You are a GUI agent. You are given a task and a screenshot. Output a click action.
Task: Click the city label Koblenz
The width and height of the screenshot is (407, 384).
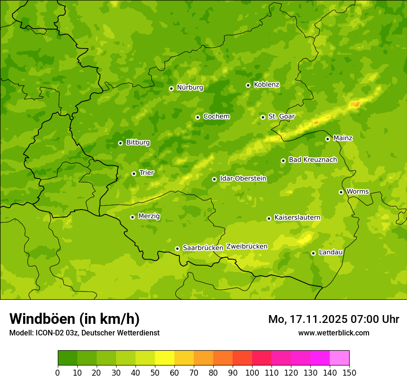coord(266,85)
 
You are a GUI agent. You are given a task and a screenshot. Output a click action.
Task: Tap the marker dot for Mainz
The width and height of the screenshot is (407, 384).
coord(327,139)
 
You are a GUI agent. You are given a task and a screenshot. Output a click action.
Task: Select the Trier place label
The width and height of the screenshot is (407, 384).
coord(146,173)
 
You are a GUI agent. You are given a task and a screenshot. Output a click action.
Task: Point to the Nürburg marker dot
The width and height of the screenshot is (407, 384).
coord(171,88)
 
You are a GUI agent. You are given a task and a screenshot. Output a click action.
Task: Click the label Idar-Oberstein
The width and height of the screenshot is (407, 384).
coord(243,179)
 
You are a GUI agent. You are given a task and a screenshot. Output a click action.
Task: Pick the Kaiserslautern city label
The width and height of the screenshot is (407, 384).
coord(297,217)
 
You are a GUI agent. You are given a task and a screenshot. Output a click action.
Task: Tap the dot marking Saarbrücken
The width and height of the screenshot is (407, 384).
coord(177,249)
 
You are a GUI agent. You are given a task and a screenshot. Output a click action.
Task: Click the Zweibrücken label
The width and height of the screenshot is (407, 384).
coord(247,247)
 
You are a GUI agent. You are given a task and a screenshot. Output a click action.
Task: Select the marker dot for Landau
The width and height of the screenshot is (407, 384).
coord(313,253)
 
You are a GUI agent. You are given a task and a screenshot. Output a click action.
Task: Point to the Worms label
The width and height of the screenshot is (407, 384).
coord(357,192)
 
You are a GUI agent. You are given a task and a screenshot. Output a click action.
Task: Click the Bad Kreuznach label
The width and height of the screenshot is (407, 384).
coord(313,160)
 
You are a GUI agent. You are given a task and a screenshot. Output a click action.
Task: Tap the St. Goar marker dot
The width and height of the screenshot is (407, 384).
coord(263,117)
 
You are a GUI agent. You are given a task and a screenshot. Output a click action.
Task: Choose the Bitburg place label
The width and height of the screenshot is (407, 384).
coord(138,142)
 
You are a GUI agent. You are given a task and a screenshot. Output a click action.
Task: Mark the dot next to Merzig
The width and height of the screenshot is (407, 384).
coord(132,217)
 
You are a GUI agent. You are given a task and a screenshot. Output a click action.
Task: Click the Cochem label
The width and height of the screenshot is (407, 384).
coord(216,117)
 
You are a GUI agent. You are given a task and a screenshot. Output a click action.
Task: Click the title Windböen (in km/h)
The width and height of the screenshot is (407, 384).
coord(74,319)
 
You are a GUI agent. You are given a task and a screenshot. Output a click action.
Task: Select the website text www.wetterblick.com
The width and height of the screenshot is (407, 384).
coord(333,333)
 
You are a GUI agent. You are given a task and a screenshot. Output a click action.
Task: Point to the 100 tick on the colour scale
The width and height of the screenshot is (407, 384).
coord(252,372)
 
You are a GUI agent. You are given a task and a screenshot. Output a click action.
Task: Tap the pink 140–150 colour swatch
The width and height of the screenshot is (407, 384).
coord(339,358)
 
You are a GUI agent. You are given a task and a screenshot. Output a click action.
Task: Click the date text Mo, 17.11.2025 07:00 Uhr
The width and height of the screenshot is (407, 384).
coord(333,319)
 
